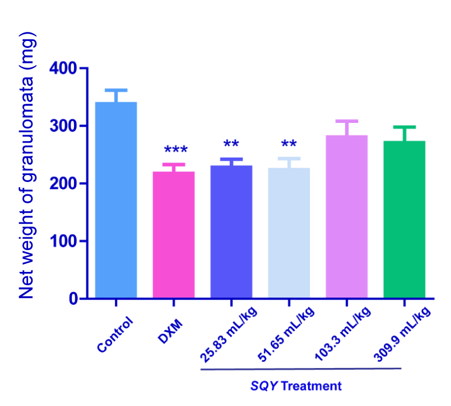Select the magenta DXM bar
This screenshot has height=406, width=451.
(173, 234)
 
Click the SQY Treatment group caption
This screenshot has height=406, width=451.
(296, 386)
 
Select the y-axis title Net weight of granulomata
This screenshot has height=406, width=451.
(27, 165)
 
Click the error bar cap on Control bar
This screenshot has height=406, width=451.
(116, 90)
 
